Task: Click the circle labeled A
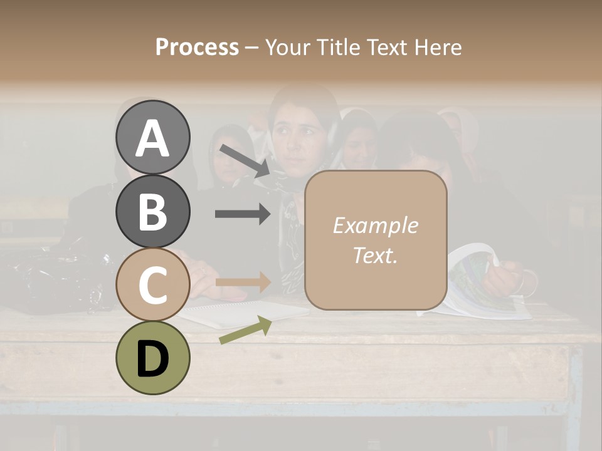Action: pyautogui.click(x=152, y=137)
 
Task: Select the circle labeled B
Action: pyautogui.click(x=152, y=211)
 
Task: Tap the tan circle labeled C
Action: pyautogui.click(x=152, y=284)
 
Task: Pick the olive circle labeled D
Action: pyautogui.click(x=152, y=358)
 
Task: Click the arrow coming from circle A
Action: pyautogui.click(x=244, y=160)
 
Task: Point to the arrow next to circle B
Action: pyautogui.click(x=243, y=214)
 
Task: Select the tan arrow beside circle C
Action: pyautogui.click(x=243, y=282)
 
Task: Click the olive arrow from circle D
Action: pyautogui.click(x=245, y=330)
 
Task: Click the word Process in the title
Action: pyautogui.click(x=197, y=47)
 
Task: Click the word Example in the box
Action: pyautogui.click(x=375, y=225)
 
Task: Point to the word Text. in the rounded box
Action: pyautogui.click(x=375, y=255)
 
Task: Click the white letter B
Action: pyautogui.click(x=152, y=211)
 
